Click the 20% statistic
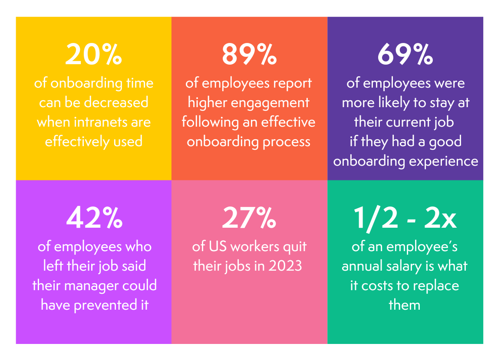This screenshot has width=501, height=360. click(93, 55)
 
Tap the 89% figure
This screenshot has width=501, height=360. click(249, 55)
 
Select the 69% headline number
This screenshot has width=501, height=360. click(405, 55)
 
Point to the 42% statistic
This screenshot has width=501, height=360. click(94, 219)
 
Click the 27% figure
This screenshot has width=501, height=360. click(249, 219)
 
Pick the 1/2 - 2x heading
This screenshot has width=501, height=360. click(405, 219)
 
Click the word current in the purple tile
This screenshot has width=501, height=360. click(405, 122)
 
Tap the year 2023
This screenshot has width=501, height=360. click(285, 266)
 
